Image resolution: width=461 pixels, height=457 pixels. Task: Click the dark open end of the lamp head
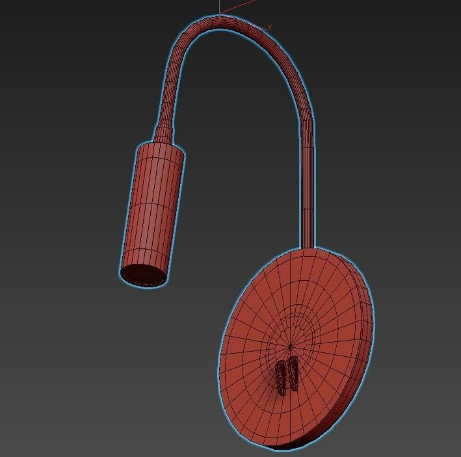tap(143, 274)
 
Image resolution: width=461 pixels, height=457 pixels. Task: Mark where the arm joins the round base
tap(308, 246)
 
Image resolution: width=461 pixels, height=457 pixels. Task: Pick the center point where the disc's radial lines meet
tap(291, 345)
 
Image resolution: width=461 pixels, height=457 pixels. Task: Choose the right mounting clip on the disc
tap(293, 373)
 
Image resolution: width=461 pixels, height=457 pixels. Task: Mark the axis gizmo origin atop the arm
tap(220, 15)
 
